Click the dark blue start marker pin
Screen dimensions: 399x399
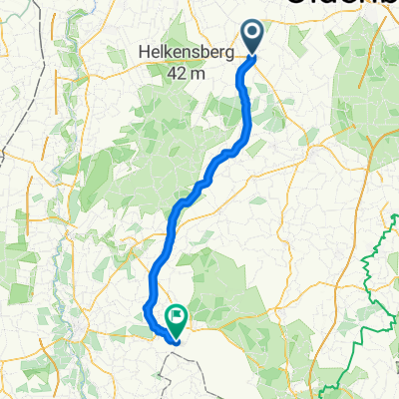[x=252, y=38]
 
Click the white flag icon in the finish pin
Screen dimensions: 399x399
[x=178, y=317]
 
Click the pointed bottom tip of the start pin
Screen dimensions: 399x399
[x=252, y=56]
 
